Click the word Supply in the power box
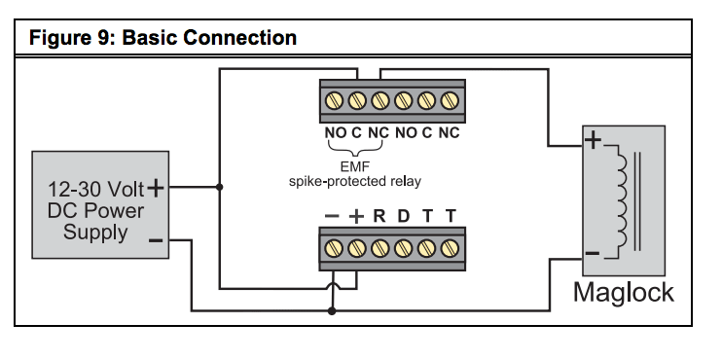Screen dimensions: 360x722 [x=95, y=233]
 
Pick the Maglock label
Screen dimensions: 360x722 [x=623, y=292]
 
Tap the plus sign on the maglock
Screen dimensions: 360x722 [x=593, y=141]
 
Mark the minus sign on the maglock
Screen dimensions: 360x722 [x=592, y=255]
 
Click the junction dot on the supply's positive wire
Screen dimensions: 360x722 [x=220, y=186]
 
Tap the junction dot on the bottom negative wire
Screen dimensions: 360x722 [x=333, y=311]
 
